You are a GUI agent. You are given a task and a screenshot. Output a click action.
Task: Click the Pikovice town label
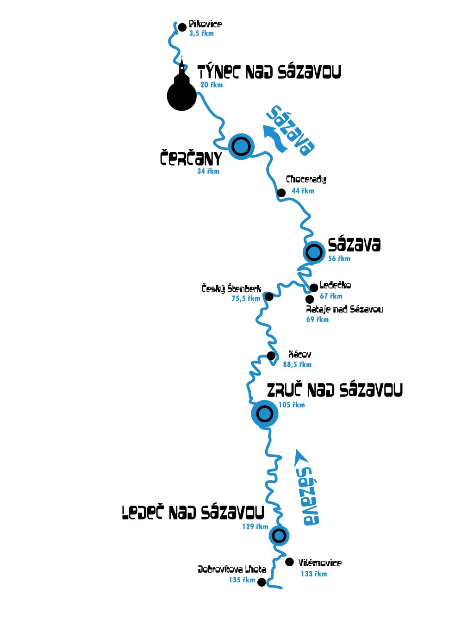pyautogui.click(x=205, y=24)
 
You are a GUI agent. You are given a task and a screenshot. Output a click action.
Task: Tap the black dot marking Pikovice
pyautogui.click(x=182, y=27)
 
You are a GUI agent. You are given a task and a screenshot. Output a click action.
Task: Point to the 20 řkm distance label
pyautogui.click(x=211, y=85)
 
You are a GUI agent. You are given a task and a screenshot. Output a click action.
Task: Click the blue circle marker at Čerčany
pyautogui.click(x=241, y=147)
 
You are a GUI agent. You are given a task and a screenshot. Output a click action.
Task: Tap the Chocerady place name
pyautogui.click(x=306, y=180)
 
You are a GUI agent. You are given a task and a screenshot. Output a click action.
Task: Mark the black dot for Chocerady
pyautogui.click(x=281, y=193)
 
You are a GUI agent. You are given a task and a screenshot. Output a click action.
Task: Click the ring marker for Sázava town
pyautogui.click(x=314, y=253)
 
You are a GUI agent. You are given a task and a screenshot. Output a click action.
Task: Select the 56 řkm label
pyautogui.click(x=339, y=259)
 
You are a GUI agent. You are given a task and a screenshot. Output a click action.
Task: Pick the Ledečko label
pyautogui.click(x=335, y=285)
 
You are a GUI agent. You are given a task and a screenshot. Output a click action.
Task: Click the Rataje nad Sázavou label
pyautogui.click(x=344, y=309)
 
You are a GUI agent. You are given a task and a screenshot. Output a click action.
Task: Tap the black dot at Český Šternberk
pyautogui.click(x=269, y=296)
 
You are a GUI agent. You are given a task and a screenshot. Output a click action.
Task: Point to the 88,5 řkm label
pyautogui.click(x=297, y=365)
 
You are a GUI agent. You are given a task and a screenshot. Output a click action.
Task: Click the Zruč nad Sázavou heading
pyautogui.click(x=335, y=390)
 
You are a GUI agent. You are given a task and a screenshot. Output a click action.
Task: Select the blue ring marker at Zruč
pyautogui.click(x=264, y=413)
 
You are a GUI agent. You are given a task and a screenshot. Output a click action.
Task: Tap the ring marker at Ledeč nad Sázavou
pyautogui.click(x=279, y=536)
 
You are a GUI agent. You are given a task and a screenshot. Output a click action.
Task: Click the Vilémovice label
pyautogui.click(x=320, y=563)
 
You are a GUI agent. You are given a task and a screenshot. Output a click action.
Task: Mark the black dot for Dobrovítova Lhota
pyautogui.click(x=262, y=582)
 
